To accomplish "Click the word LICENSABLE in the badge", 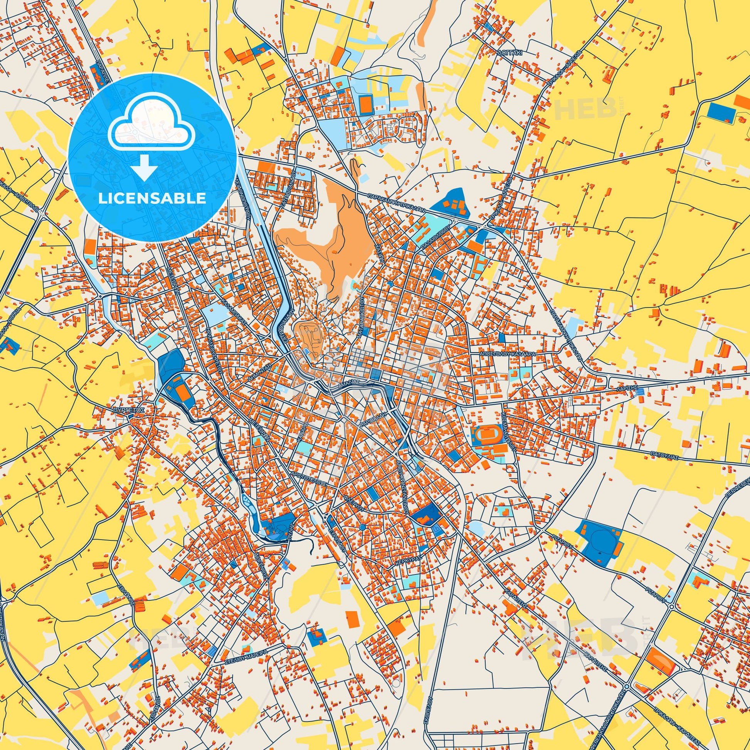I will pos(152,198).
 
